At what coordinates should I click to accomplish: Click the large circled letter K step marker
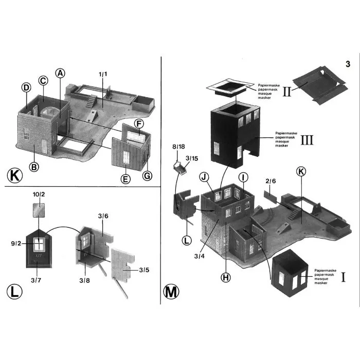15,176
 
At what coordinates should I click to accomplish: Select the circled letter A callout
60,73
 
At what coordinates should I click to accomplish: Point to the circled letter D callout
26,87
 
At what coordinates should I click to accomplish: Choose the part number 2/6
271,181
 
